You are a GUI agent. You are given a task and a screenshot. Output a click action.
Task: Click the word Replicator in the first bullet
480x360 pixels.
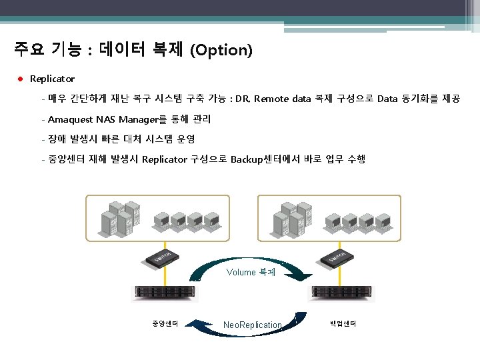(x=52, y=79)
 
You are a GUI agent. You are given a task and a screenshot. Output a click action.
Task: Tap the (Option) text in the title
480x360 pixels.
(x=221, y=51)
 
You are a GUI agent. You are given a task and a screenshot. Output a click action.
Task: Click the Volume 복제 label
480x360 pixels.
(x=251, y=272)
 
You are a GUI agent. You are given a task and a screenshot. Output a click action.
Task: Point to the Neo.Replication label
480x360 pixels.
(x=253, y=325)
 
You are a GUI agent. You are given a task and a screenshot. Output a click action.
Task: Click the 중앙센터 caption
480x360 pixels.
(x=163, y=323)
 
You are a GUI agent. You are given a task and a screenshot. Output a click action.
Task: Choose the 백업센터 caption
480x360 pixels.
(x=343, y=323)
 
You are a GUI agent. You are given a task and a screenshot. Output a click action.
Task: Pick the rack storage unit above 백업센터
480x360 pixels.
(x=343, y=292)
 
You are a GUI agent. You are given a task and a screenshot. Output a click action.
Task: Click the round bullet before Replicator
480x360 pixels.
(x=21, y=79)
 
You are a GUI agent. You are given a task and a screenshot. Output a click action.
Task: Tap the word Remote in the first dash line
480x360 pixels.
(x=271, y=99)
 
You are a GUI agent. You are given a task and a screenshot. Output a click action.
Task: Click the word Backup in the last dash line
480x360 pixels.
(x=245, y=159)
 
